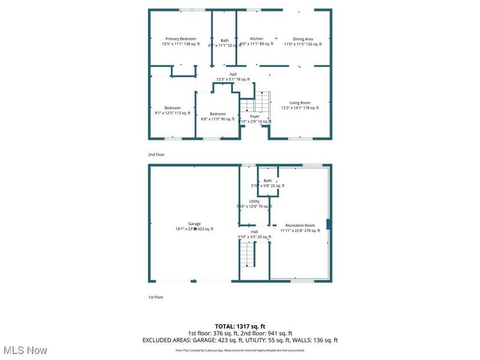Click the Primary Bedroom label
pos(181,39)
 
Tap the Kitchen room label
pos(256,39)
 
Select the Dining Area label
pos(303,39)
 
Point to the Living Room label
pos(300,103)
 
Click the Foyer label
pos(255,116)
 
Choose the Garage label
pos(194,224)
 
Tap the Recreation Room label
pos(300,226)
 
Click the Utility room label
pos(254,202)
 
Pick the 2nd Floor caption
pos(157,154)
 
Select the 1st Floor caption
pos(156,297)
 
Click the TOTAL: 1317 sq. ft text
pos(240,326)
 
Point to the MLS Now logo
pos(25,349)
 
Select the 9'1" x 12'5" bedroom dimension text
pos(173,113)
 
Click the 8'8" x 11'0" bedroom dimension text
pos(217,119)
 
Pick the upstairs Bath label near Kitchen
pos(224,41)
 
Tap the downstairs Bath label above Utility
pos(268,181)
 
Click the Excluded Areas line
pos(240,340)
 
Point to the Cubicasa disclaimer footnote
pos(240,350)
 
